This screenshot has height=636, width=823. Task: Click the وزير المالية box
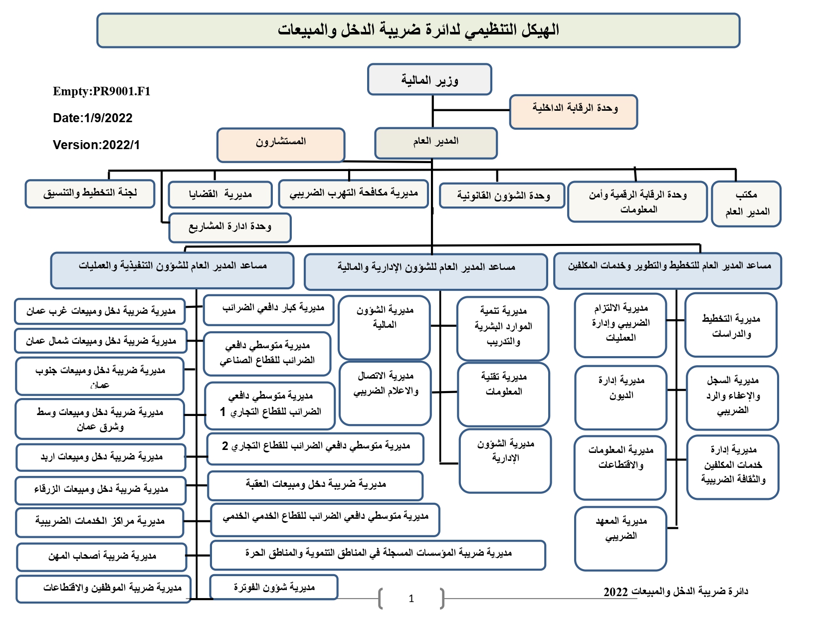[x=429, y=79]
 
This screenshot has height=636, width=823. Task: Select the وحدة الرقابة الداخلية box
[x=573, y=112]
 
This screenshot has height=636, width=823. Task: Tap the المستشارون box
[x=281, y=145]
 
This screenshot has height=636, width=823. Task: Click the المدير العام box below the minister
[x=435, y=143]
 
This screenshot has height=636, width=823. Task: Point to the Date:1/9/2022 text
[x=92, y=118]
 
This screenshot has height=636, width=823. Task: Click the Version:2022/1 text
[x=96, y=145]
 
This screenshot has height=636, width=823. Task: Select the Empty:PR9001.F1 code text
[x=101, y=91]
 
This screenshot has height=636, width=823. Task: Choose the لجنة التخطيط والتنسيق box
[x=90, y=194]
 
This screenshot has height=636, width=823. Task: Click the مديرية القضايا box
[x=220, y=195]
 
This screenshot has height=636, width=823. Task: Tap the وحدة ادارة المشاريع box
[x=230, y=227]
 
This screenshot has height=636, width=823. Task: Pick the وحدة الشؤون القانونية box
[x=502, y=196]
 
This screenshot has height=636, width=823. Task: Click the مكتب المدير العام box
[x=746, y=204]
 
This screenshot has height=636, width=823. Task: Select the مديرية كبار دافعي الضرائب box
[x=268, y=310]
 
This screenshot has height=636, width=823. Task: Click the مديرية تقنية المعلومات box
[x=503, y=395]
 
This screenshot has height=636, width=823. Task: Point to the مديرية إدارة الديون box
[x=620, y=398]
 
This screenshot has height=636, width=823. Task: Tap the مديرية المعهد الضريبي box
[x=620, y=538]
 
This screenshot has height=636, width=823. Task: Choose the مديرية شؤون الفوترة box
[x=274, y=587]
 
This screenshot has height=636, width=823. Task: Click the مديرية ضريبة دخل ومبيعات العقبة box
[x=315, y=486]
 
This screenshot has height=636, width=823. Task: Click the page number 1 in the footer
[x=411, y=599]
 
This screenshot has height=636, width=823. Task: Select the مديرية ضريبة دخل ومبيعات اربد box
[x=101, y=457]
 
